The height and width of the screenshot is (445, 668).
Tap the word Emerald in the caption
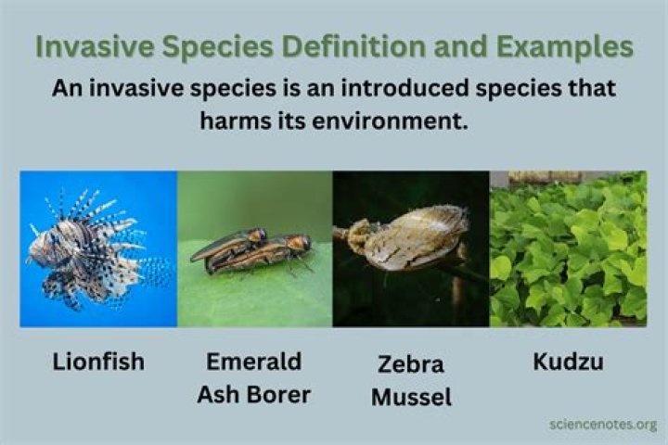tap(252, 362)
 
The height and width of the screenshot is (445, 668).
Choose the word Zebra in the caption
tap(411, 364)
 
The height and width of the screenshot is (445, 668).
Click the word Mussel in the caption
tap(411, 398)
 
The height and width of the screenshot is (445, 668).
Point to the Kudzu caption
tap(568, 362)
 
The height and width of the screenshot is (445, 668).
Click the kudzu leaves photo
tap(568, 248)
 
